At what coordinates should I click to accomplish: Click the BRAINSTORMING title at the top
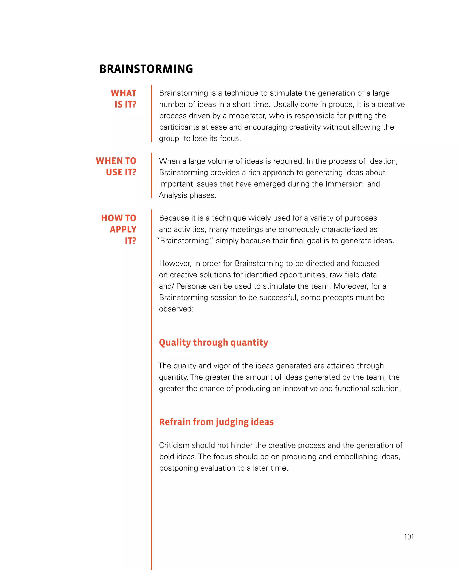click(146, 69)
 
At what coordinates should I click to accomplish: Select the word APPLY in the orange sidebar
click(123, 229)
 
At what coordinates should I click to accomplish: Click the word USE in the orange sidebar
click(114, 172)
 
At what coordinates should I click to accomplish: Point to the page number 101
click(409, 537)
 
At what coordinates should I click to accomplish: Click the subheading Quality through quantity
click(213, 342)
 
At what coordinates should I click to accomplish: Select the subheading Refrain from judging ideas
click(216, 422)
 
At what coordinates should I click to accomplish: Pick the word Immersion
click(344, 184)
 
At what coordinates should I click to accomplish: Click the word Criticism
click(174, 446)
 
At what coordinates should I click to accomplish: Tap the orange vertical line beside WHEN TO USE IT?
click(152, 175)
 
